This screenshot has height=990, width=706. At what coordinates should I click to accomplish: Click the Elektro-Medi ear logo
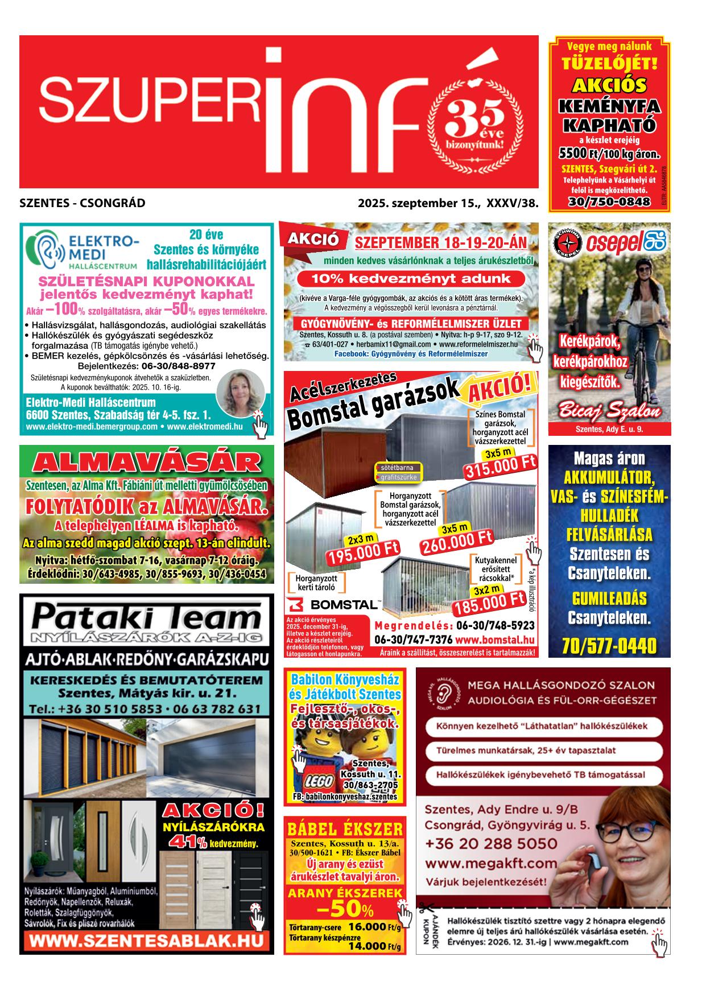click(x=46, y=250)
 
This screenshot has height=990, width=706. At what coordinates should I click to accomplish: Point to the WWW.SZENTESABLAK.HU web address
click(x=147, y=939)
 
